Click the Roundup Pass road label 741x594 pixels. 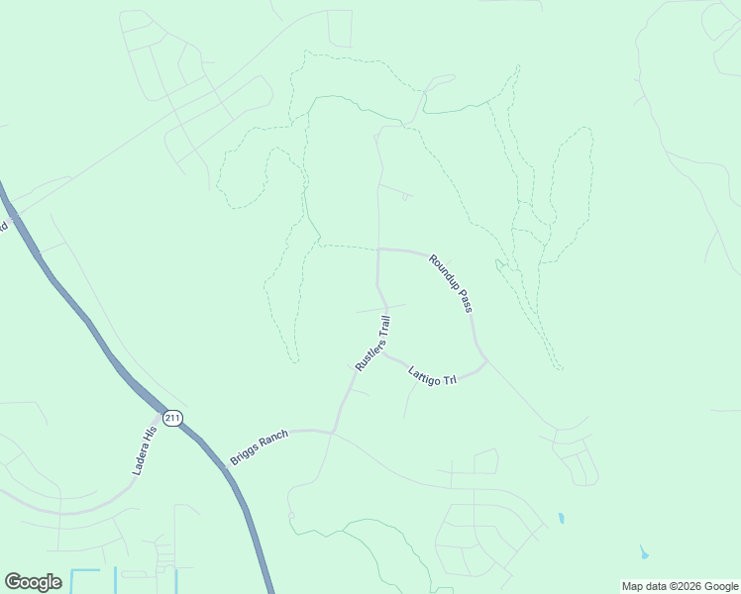450,283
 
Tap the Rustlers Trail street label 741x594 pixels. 373,344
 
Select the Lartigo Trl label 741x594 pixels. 432,376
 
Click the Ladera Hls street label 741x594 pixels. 145,448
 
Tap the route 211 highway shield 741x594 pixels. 172,418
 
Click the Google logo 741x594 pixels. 33,582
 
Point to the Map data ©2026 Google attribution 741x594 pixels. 680,586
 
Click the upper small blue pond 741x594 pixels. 561,518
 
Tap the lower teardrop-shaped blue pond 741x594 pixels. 645,552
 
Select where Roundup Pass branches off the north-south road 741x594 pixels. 378,249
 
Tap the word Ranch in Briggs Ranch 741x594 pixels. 272,440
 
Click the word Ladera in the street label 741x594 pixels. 141,459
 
